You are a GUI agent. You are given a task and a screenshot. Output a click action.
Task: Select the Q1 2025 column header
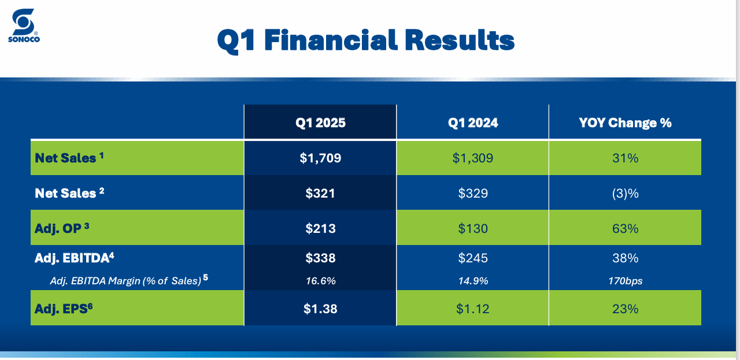(x=320, y=123)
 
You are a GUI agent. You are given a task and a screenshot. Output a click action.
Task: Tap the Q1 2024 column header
(x=473, y=123)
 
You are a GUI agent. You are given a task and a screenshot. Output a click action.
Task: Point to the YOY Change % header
(x=625, y=123)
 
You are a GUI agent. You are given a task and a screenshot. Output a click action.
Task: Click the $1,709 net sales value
(x=320, y=158)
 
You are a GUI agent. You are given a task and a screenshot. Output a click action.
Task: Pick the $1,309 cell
(x=473, y=158)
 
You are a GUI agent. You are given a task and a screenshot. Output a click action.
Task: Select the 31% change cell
(x=625, y=158)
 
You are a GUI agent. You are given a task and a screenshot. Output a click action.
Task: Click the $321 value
(x=320, y=193)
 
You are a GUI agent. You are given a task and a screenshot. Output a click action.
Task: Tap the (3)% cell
(x=625, y=193)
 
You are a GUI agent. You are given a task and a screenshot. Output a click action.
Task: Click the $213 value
(x=320, y=228)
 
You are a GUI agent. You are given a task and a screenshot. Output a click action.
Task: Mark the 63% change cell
(x=625, y=228)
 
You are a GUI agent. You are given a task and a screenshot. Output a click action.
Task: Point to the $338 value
(x=320, y=258)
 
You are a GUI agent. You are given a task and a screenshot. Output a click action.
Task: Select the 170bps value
(x=625, y=281)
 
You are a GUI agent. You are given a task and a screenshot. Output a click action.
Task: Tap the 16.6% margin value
(x=320, y=281)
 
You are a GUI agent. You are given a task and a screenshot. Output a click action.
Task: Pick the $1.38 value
(x=320, y=309)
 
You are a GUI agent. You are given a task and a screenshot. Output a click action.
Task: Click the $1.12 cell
(x=473, y=309)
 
